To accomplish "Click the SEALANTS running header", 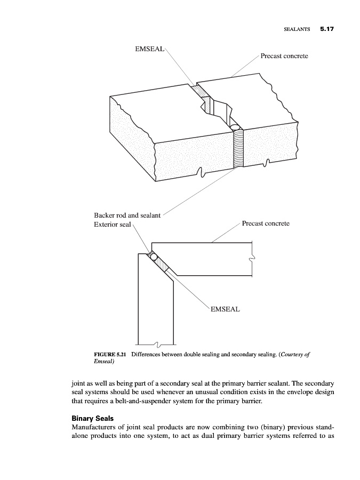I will point(297,30).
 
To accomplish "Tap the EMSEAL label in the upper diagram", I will point(150,49).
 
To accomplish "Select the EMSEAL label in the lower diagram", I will point(225,309).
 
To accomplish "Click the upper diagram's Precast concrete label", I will point(284,56).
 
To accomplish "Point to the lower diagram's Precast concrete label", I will point(266,223).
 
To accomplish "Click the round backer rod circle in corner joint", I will point(154,257).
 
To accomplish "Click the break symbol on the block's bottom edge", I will point(201,171).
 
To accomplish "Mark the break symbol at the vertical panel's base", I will point(155,342).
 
